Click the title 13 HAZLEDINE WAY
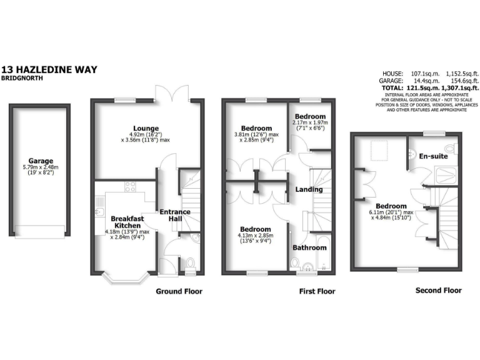49,69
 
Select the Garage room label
40,161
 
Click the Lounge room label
149,129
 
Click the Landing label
309,189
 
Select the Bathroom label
309,247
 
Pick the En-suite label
433,156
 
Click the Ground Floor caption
179,291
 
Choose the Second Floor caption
439,290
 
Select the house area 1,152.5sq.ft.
457,73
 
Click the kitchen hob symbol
131,186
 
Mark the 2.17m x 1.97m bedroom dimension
311,123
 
